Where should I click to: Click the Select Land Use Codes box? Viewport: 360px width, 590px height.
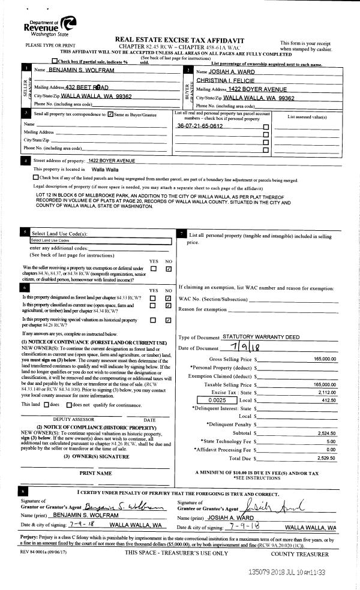tap(101, 240)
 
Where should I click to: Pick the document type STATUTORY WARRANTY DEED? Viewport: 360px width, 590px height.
tap(261, 337)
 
